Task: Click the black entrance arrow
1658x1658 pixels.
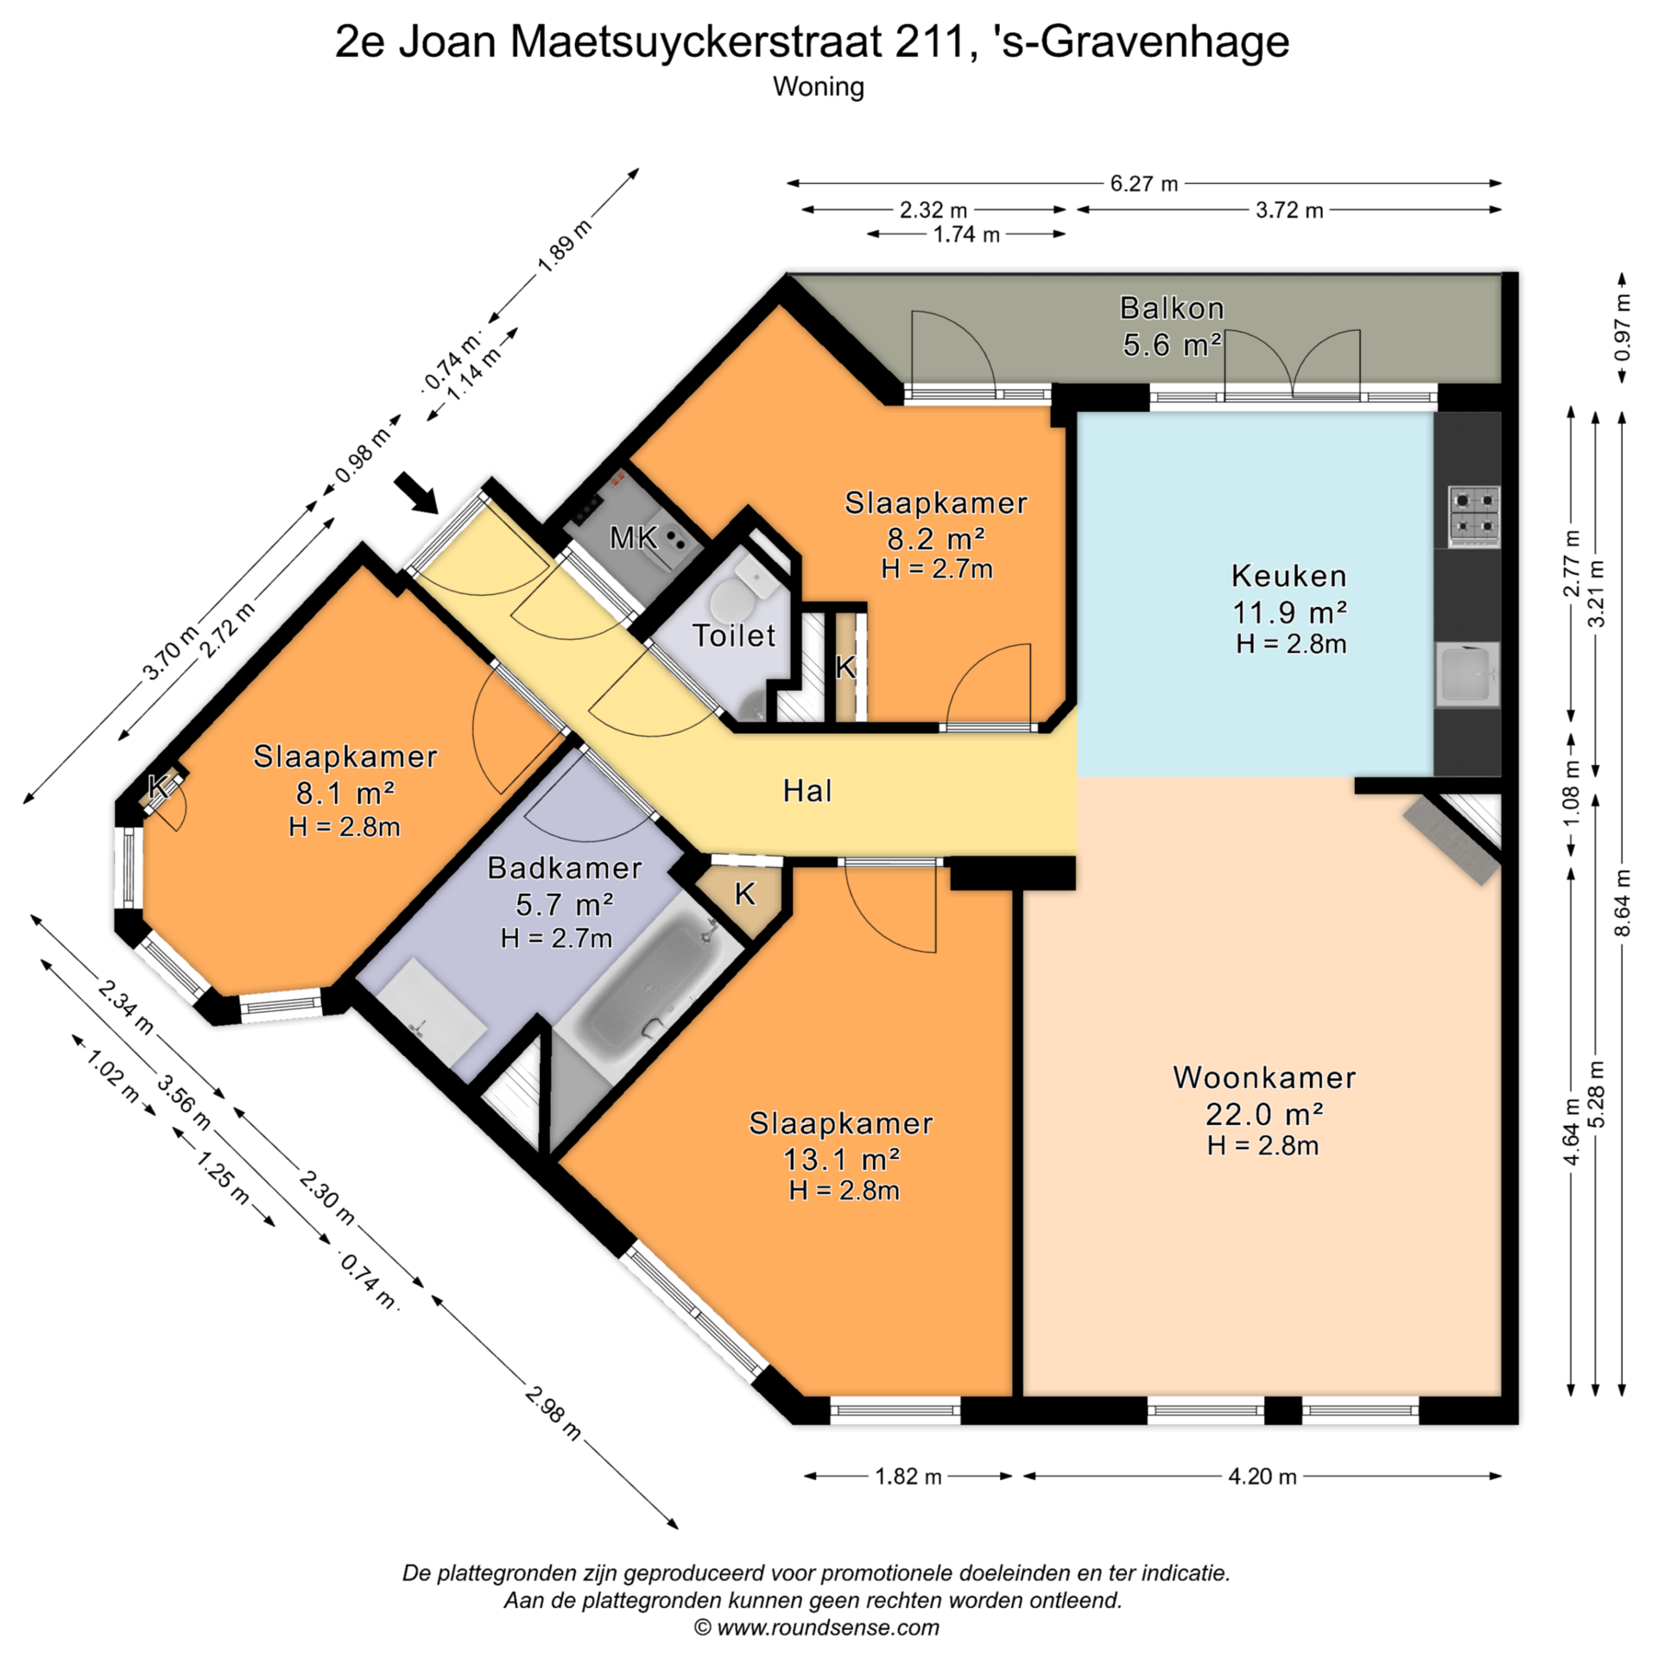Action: click(x=415, y=492)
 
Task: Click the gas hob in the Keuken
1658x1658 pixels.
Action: click(x=1473, y=516)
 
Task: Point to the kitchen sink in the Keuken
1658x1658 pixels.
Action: click(x=1467, y=674)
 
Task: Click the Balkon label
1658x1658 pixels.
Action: click(x=1172, y=308)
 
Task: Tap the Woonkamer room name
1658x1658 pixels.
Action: click(x=1264, y=1078)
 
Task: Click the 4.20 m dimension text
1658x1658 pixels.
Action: click(x=1262, y=1476)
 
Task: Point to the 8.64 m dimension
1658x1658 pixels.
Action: click(x=1623, y=902)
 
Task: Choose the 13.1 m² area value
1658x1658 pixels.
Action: click(x=842, y=1159)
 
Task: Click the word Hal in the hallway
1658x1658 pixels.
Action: click(x=807, y=790)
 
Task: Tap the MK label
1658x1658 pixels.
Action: click(x=634, y=538)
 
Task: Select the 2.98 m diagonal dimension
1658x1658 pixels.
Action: click(x=554, y=1413)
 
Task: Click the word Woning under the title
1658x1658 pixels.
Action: click(x=819, y=86)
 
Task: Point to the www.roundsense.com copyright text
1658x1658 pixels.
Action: click(x=817, y=1628)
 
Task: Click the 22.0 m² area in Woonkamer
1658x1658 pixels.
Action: click(x=1264, y=1115)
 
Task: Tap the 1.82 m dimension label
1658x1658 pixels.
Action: click(x=908, y=1476)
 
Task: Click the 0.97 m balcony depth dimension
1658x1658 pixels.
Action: click(x=1623, y=328)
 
